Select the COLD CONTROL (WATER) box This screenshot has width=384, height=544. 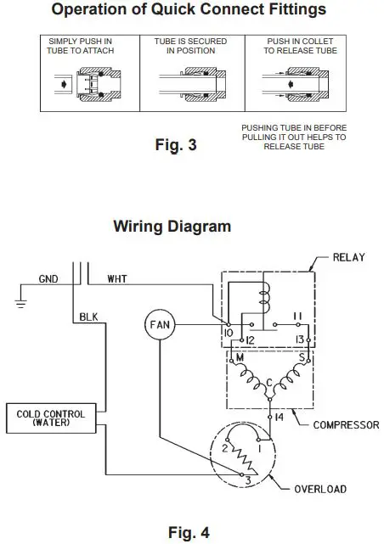tap(51, 418)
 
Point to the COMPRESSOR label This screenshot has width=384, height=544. tap(342, 423)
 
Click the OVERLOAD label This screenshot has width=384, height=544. tap(321, 488)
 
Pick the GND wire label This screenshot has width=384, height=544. tap(49, 278)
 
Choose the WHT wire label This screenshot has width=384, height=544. tap(118, 278)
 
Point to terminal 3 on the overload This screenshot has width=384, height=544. tap(246, 480)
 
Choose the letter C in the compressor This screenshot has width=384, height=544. tap(268, 379)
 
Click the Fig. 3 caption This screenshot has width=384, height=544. tap(177, 145)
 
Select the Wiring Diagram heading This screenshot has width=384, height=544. tap(172, 227)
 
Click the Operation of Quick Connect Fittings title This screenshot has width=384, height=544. tap(189, 11)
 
